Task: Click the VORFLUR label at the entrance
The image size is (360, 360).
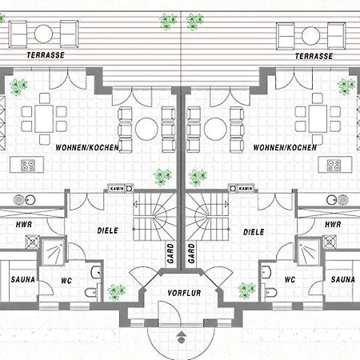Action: point(184,293)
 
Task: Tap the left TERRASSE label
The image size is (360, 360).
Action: point(46,55)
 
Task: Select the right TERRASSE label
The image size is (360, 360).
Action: point(314,56)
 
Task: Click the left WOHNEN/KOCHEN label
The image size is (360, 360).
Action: point(87,147)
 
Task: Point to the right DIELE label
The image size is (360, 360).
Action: point(254,232)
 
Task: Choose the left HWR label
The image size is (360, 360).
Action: point(24,225)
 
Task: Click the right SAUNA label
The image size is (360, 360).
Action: point(342,279)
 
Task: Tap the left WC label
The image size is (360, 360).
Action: point(66,281)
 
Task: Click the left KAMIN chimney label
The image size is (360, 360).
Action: point(117,189)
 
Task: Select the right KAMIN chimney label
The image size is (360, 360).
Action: point(246,189)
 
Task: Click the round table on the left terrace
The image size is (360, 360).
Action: point(43,34)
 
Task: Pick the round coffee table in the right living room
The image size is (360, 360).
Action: point(215,129)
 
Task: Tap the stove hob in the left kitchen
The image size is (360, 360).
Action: point(28,166)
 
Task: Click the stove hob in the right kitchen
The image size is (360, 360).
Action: point(334,166)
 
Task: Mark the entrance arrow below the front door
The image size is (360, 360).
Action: point(182,337)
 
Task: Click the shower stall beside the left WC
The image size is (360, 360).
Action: point(53,252)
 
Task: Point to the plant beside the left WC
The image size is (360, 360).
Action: point(117,292)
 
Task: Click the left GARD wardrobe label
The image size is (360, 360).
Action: point(170,254)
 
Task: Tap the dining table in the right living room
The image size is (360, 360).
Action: point(318,118)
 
